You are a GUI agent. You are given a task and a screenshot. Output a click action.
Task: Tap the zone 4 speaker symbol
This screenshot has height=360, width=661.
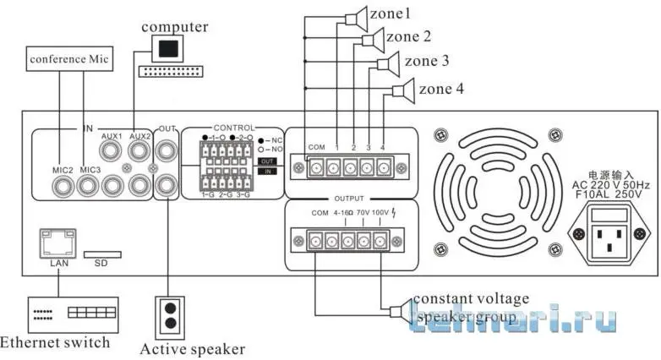coord(404,89)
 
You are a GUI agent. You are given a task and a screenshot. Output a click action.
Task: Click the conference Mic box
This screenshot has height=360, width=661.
coord(70,59)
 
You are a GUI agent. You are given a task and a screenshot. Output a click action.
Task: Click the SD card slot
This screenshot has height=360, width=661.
coord(101,253)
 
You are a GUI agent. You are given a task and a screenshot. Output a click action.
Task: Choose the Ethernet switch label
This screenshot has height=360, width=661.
coord(55,342)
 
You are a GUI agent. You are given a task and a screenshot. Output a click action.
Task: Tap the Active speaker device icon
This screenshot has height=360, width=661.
coord(169,313)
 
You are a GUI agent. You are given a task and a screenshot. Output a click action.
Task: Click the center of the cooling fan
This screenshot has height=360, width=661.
coord(494,192)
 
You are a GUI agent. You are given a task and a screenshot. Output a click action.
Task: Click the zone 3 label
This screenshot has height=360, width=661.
coord(427,61)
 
